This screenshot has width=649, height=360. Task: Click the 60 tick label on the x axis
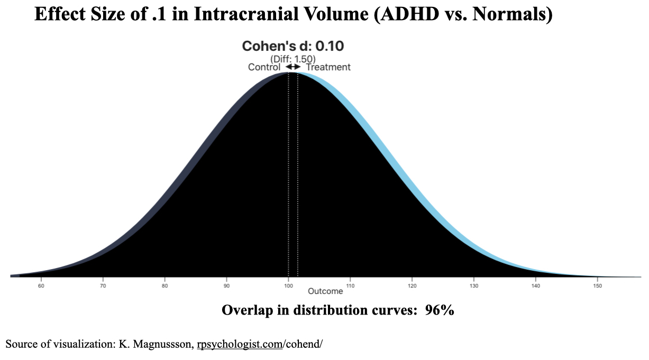click(41, 286)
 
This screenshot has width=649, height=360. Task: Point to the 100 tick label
click(288, 286)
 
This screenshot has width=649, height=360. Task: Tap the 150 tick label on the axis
click(597, 286)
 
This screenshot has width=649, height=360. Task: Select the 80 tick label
click(164, 286)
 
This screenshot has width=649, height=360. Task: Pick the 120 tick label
click(412, 286)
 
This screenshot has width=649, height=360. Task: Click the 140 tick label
click(536, 286)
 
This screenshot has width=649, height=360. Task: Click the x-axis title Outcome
click(325, 291)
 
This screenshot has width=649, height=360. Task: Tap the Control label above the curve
click(264, 67)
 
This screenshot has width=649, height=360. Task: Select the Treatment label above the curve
click(328, 67)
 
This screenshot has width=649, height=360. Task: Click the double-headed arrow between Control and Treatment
click(293, 67)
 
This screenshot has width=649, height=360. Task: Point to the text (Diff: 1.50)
click(293, 59)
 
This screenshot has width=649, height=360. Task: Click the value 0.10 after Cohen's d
click(330, 46)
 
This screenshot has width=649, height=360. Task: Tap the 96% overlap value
click(440, 310)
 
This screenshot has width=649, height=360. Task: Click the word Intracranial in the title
click(246, 14)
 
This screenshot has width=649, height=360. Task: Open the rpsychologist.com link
click(240, 344)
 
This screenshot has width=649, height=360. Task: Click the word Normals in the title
click(512, 14)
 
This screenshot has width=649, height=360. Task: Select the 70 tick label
click(103, 286)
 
